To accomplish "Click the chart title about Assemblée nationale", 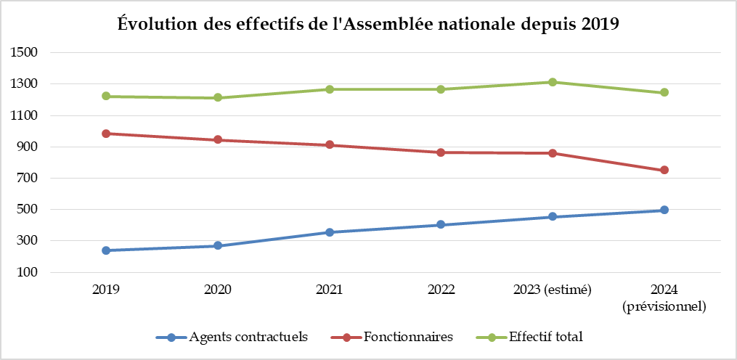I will click(x=368, y=24).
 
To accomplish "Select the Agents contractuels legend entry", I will click(x=232, y=337).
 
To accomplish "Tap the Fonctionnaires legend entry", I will click(x=399, y=337).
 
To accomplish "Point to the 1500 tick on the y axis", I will click(x=25, y=53).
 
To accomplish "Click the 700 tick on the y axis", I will click(x=28, y=179).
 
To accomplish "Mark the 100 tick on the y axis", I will click(x=28, y=273).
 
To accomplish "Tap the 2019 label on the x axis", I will click(x=106, y=290).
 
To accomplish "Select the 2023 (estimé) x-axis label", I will click(x=553, y=290).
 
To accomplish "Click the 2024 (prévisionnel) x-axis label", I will click(x=664, y=298).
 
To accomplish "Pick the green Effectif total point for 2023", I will click(x=553, y=82).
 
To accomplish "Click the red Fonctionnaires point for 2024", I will click(x=664, y=171).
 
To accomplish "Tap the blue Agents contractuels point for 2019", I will click(x=106, y=250).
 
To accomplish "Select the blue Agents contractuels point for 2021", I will click(x=330, y=232).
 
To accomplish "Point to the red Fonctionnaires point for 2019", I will click(x=106, y=134).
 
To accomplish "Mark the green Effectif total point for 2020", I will click(x=218, y=98).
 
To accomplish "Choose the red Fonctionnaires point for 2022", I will click(x=441, y=152).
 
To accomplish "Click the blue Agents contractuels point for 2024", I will click(x=664, y=210).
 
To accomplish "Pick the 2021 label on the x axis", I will click(x=330, y=290).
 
